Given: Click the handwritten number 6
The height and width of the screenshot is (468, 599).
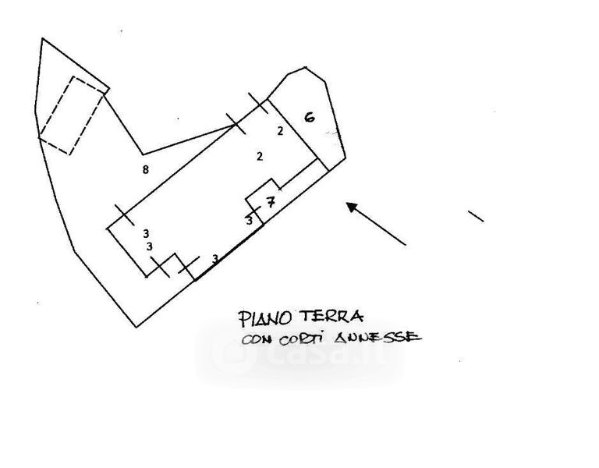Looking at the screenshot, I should click(309, 118).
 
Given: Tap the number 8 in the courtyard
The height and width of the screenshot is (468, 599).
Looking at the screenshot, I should click(146, 170).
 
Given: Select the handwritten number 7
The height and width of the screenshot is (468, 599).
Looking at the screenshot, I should click(270, 203).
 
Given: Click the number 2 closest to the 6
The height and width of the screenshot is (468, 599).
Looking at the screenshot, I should click(280, 131).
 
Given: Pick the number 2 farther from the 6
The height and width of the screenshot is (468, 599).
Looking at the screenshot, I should click(259, 157).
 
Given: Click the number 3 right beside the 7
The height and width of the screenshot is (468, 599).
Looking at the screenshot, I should click(250, 221).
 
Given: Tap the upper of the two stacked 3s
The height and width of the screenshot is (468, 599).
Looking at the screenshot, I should click(146, 233).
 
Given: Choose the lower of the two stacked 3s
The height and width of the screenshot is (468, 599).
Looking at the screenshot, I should click(149, 246).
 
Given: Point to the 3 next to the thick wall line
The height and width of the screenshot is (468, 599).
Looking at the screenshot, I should click(214, 258).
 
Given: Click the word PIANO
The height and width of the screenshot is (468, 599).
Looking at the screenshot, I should click(265, 318).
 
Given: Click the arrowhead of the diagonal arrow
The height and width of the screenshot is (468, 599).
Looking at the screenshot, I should click(352, 207).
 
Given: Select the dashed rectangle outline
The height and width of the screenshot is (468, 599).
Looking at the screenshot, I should click(72, 115).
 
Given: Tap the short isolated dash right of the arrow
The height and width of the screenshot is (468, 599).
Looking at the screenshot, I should click(475, 215).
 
